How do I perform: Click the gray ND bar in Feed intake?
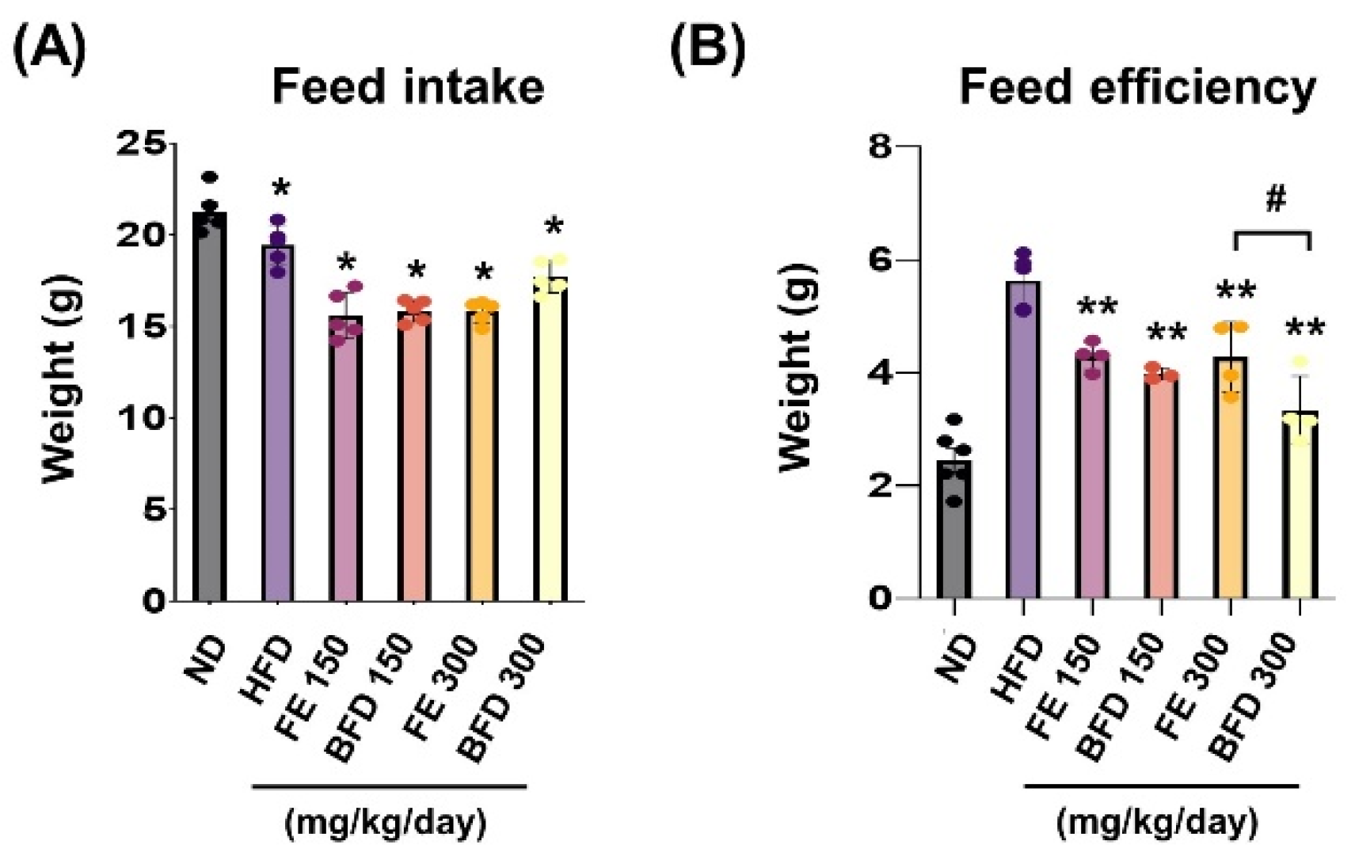209,412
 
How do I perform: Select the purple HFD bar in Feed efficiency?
1023,443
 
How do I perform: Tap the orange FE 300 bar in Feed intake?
481,459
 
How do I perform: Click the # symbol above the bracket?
1275,200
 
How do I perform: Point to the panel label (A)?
49,49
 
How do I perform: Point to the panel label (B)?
707,49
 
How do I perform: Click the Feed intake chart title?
408,87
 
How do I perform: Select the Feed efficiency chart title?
1137,87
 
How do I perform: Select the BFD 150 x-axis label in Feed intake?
371,697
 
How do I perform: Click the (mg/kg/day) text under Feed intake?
385,824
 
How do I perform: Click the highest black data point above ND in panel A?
210,177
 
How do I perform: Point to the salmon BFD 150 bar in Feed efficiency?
1161,491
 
